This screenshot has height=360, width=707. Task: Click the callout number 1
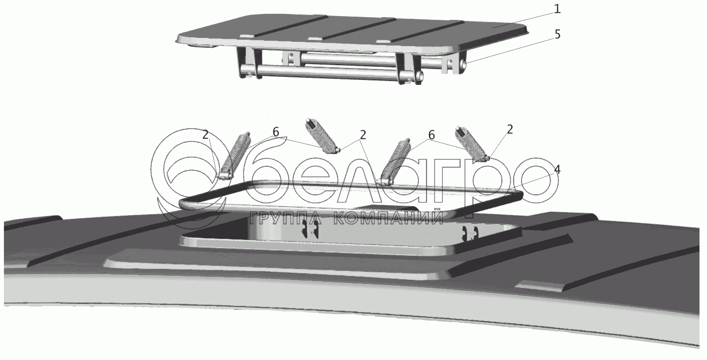click(557, 9)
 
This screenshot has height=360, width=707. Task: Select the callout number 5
click(557, 35)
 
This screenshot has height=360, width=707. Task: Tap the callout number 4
click(557, 170)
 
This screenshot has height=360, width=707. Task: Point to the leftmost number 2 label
click(205, 135)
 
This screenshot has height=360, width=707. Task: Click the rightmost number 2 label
click(510, 130)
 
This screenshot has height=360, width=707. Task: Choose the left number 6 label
click(276, 132)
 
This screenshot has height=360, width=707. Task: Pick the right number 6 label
click(431, 135)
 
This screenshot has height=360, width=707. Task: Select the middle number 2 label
click(363, 135)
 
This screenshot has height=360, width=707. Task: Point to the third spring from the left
click(396, 160)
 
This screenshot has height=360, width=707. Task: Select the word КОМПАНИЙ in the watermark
click(387, 218)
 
